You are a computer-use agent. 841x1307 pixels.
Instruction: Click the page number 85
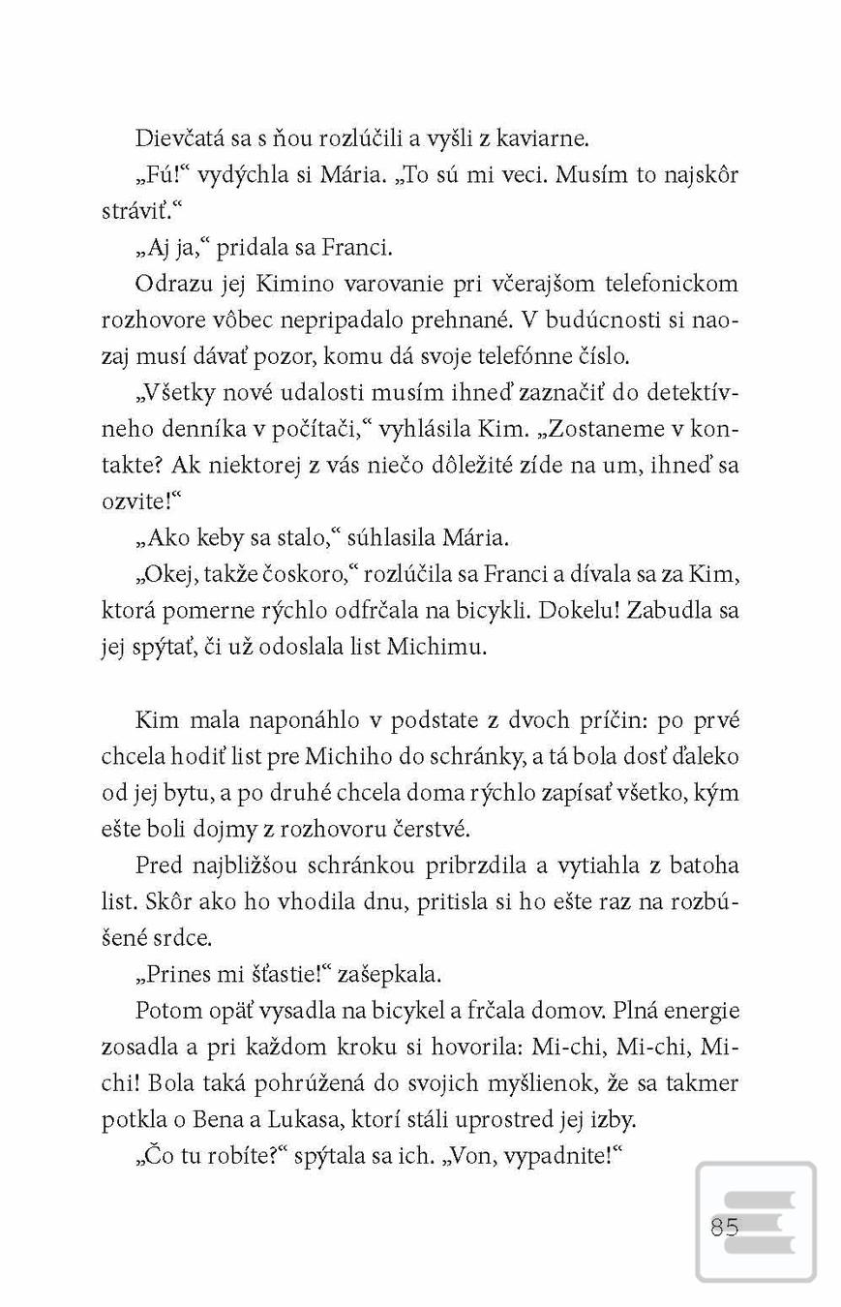(x=724, y=1228)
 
